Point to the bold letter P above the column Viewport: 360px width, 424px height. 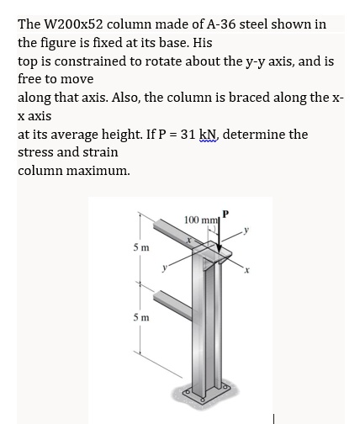pyautogui.click(x=225, y=213)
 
